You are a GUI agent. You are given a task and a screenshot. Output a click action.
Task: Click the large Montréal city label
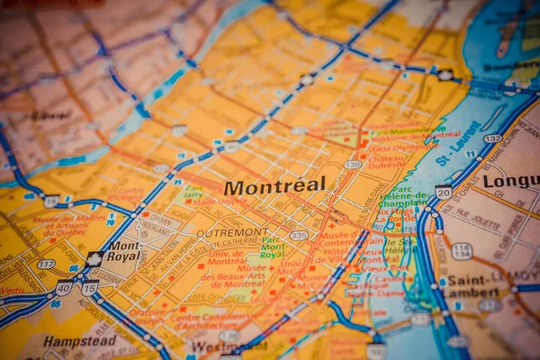click(274, 186)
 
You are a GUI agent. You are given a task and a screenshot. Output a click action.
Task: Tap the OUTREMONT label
click(232, 232)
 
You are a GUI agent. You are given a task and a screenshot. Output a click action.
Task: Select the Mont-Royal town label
click(125, 250)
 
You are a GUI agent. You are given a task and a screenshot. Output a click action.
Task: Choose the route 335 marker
click(299, 235)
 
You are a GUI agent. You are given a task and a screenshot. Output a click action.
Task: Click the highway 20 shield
click(444, 192)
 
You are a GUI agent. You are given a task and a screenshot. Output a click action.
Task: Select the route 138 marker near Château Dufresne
click(353, 165)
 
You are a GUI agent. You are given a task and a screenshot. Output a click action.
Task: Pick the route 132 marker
click(492, 139)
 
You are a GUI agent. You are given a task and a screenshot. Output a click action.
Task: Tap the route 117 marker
click(46, 264)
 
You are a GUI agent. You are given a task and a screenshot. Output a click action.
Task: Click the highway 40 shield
click(63, 287)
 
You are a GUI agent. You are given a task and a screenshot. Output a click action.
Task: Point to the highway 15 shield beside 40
click(89, 288)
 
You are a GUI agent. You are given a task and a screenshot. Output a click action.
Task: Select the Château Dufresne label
click(389, 158)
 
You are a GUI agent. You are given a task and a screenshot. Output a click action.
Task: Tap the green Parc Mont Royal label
click(272, 248)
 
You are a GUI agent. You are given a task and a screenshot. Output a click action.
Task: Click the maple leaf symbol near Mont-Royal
click(93, 259)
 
